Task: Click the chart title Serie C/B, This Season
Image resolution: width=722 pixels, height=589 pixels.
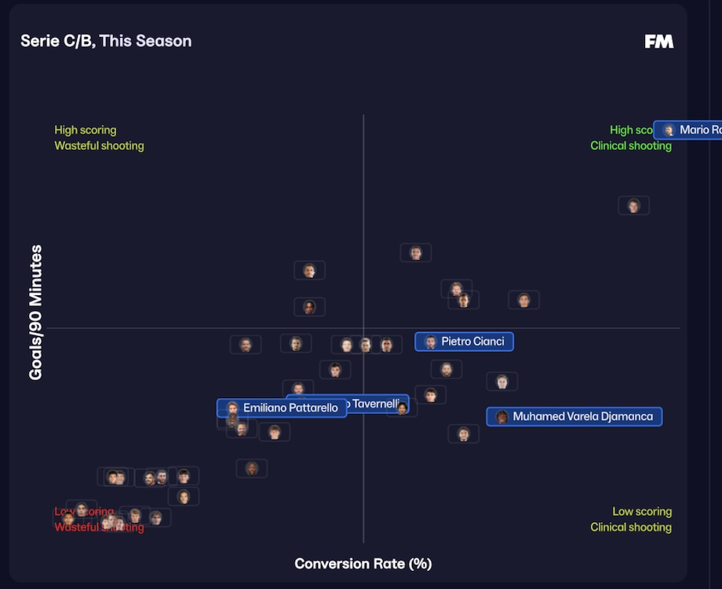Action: pos(106,41)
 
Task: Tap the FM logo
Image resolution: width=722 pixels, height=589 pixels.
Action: pos(658,42)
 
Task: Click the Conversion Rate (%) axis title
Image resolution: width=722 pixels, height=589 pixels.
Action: pos(363,564)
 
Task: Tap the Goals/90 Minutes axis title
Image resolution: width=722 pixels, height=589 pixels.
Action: pos(35,313)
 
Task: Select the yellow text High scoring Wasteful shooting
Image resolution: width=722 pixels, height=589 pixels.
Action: pos(99,138)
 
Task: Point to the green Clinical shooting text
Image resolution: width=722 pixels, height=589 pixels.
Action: pos(631,146)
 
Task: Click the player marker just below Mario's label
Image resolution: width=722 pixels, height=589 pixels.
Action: pos(633,206)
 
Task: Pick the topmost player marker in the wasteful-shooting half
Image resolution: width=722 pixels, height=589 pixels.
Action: pos(309,271)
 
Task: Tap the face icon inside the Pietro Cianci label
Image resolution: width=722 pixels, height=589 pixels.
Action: pos(430,342)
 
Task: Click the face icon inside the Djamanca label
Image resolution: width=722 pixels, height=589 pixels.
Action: pos(501,417)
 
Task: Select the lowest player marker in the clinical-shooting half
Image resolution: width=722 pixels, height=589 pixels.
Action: pos(464,434)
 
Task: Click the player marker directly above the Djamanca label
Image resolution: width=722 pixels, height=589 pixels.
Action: pos(501,382)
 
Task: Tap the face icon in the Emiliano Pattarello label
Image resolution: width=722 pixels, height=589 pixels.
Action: pos(232,408)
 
